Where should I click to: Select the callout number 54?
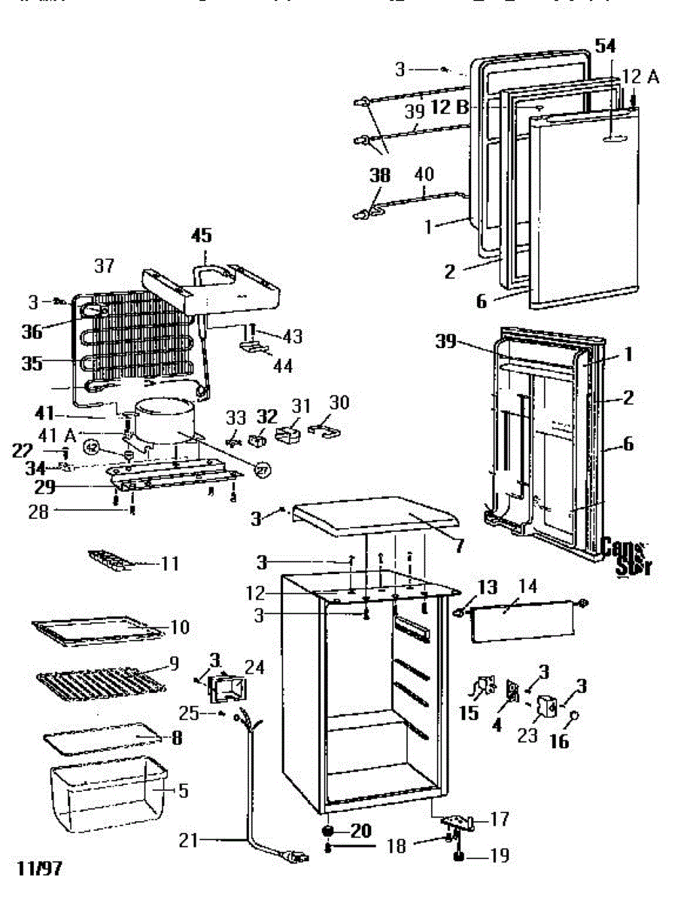[x=605, y=45]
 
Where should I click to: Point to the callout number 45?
[x=201, y=236]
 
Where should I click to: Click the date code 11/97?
[x=37, y=869]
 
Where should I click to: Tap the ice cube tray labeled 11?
[x=111, y=562]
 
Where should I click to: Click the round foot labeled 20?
[x=330, y=831]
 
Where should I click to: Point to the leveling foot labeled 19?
[x=458, y=857]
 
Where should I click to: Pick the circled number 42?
[x=93, y=447]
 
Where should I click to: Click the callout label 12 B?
[x=449, y=108]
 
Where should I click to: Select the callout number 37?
[x=104, y=265]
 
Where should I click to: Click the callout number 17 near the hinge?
[x=499, y=819]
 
